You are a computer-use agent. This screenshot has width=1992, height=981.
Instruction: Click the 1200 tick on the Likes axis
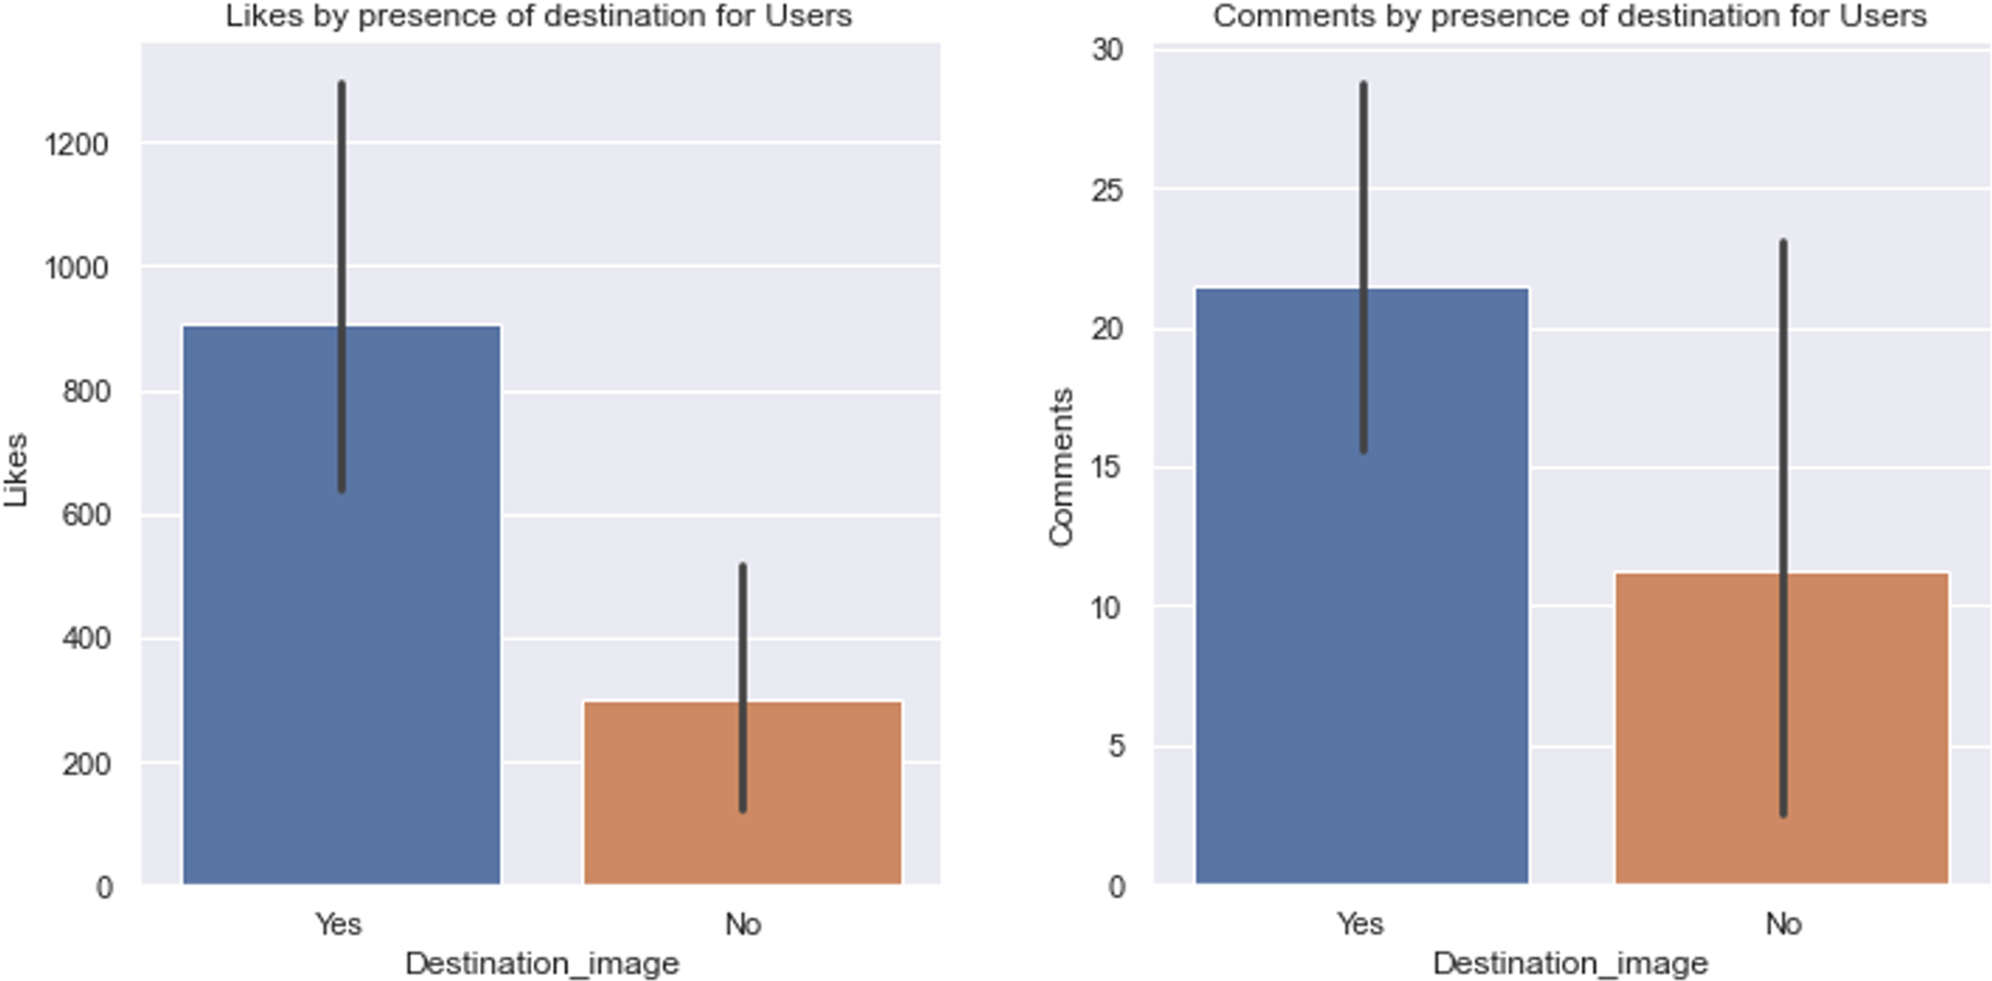(x=77, y=144)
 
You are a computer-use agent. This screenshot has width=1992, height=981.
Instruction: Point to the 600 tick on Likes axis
(x=86, y=515)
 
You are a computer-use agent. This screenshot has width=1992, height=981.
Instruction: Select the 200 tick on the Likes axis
(x=86, y=764)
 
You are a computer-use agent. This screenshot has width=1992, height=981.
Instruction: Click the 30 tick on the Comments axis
(x=1107, y=50)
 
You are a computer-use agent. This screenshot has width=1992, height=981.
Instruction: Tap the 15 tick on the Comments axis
(x=1107, y=468)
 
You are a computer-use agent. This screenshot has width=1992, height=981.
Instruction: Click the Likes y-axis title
(x=16, y=470)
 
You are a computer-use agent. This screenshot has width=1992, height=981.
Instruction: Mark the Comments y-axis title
(x=1060, y=468)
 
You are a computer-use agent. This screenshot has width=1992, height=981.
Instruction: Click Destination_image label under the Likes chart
(x=542, y=963)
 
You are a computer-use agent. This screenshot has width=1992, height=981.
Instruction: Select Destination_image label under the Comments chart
(x=1570, y=963)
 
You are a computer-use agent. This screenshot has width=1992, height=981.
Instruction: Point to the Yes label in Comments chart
(x=1360, y=923)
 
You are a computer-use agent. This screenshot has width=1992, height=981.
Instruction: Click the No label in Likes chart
(x=743, y=923)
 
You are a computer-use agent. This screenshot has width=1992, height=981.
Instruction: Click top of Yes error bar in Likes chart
(x=341, y=85)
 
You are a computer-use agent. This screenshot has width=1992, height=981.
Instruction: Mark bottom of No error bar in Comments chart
(x=1783, y=814)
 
